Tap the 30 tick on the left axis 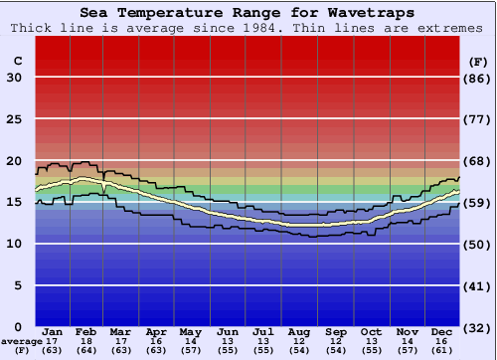point(15,78)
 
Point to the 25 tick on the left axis point(15,119)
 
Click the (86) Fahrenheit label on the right point(478,78)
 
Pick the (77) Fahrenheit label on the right point(478,119)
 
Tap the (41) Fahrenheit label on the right point(478,285)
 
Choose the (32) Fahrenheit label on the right point(478,327)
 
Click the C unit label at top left point(17,61)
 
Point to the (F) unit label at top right point(478,61)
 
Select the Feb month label point(86,331)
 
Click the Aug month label point(299,331)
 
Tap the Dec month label point(442,331)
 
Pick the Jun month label point(228,331)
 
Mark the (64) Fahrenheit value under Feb point(86,351)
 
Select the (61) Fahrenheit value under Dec point(442,351)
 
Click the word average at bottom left point(21,341)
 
